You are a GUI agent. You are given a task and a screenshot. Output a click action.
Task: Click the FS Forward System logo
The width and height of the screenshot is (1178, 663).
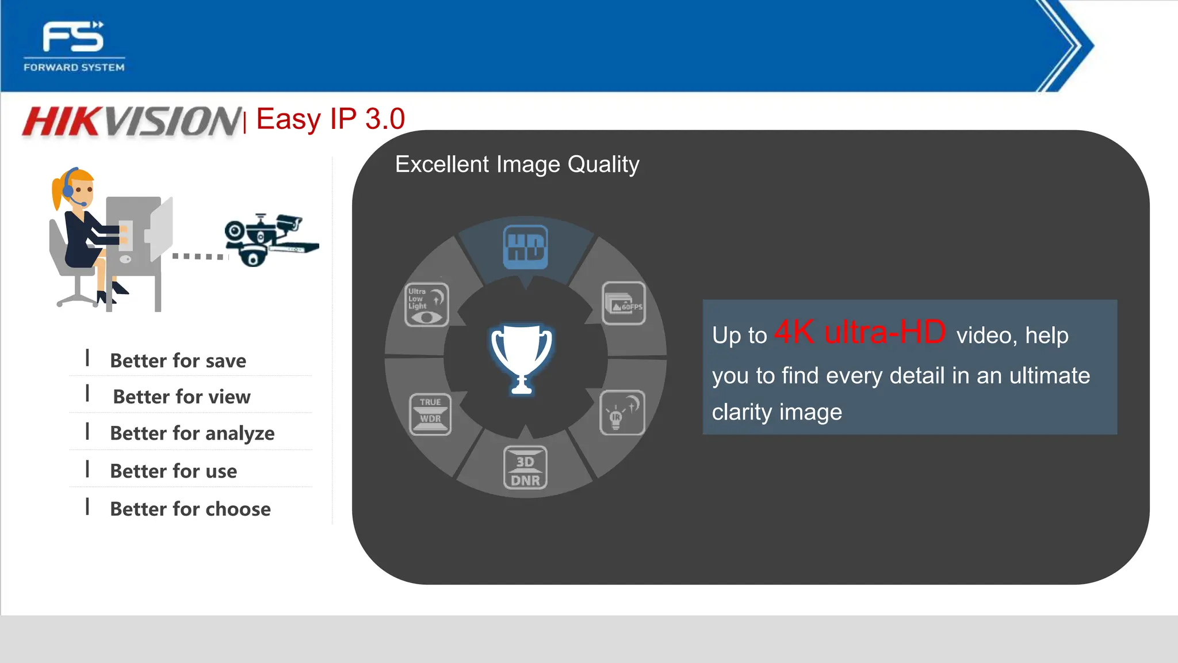click(74, 46)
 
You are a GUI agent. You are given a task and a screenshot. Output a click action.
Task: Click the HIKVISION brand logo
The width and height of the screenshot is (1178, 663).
click(132, 121)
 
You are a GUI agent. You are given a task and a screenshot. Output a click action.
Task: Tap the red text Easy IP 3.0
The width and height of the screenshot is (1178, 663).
click(331, 119)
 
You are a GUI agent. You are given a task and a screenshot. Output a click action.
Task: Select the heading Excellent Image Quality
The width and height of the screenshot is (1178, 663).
click(517, 165)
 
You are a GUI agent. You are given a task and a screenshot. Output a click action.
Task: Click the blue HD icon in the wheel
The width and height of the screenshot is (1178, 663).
click(525, 247)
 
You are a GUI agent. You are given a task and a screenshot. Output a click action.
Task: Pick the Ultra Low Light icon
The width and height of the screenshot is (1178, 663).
click(427, 304)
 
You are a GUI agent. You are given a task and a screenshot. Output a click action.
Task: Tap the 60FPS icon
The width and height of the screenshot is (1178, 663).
click(624, 303)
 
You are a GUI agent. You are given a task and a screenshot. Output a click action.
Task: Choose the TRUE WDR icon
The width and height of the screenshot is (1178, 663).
click(430, 414)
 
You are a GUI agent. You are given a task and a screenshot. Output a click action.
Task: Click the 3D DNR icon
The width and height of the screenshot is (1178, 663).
click(525, 468)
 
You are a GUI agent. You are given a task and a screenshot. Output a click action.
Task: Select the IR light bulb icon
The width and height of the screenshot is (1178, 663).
click(622, 413)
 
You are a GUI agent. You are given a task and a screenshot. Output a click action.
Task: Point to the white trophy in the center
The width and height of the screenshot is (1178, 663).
click(522, 359)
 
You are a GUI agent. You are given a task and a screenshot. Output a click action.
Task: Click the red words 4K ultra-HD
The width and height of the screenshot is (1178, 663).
click(860, 332)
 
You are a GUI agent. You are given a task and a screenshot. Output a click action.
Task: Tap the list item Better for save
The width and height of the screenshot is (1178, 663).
click(178, 361)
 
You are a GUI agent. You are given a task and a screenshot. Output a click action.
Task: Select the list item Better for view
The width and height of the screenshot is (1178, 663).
click(182, 397)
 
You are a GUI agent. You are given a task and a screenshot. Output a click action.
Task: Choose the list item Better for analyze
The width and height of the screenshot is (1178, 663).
click(192, 433)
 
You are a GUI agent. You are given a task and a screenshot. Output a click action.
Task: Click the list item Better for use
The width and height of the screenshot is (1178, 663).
click(173, 471)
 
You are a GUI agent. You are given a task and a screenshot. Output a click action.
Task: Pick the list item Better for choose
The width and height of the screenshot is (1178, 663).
click(190, 509)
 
